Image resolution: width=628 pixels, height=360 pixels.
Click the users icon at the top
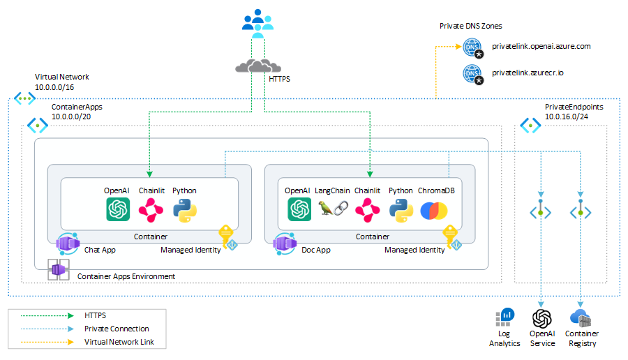(x=257, y=23)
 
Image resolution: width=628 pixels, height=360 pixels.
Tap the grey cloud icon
(x=257, y=66)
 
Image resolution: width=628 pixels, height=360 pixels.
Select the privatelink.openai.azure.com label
(x=541, y=47)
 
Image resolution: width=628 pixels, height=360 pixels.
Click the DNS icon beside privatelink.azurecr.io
(x=473, y=75)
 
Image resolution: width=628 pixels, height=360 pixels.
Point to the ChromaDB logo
(x=434, y=211)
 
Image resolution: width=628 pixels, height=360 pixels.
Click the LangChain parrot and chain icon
(x=333, y=208)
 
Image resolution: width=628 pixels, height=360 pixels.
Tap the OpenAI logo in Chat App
(x=118, y=209)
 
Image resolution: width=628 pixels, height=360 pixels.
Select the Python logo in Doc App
(x=401, y=210)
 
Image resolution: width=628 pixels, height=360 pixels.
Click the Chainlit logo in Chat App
(x=151, y=210)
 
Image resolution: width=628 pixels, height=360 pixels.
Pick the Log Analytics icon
(x=504, y=317)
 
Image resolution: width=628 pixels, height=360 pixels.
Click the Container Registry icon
(x=581, y=318)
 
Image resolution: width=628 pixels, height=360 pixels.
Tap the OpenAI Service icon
(x=542, y=319)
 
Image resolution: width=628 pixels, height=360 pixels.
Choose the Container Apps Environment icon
(x=59, y=269)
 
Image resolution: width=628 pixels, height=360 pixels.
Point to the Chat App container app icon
(x=68, y=243)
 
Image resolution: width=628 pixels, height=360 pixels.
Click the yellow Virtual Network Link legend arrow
(x=47, y=342)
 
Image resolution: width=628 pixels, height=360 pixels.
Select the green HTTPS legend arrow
(x=47, y=315)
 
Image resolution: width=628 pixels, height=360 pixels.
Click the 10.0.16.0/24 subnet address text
(x=567, y=117)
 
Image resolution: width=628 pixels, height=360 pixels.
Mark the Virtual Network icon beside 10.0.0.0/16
(x=25, y=98)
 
